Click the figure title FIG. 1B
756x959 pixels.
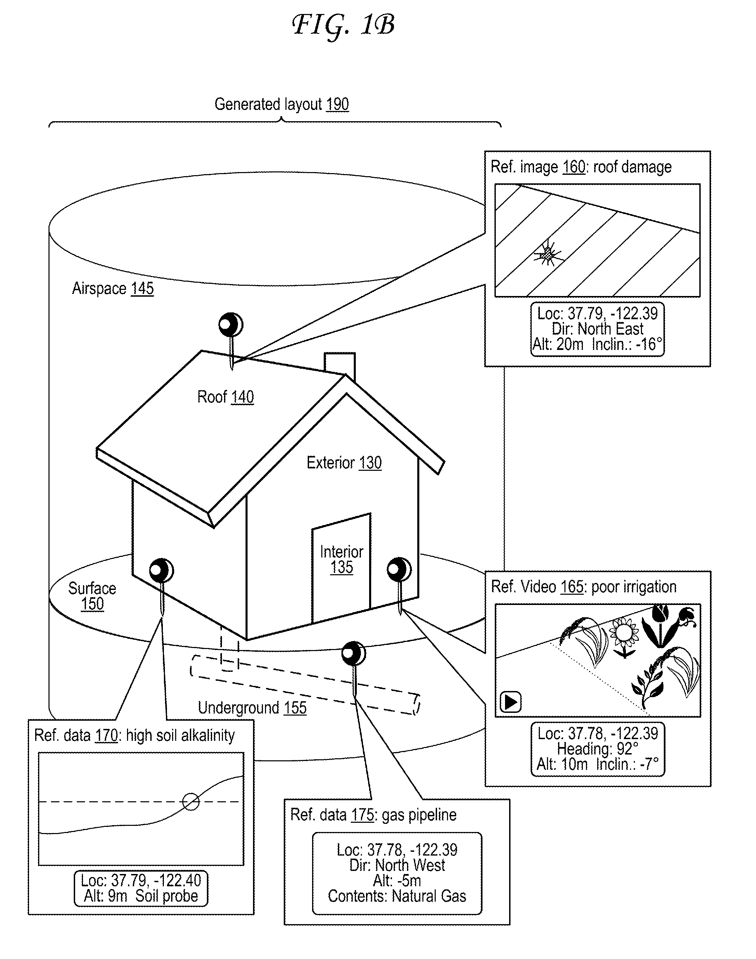point(343,26)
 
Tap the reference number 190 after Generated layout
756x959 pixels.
point(337,104)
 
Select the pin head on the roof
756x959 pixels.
point(230,325)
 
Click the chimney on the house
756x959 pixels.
point(339,363)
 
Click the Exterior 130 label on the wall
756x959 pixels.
point(344,463)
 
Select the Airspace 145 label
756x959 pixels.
point(113,288)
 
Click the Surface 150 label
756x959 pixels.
point(92,596)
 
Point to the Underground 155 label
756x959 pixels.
point(252,708)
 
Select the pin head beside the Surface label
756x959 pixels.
point(161,570)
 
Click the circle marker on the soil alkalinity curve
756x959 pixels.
point(191,802)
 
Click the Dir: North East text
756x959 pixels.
point(597,329)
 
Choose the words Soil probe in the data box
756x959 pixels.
point(166,896)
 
